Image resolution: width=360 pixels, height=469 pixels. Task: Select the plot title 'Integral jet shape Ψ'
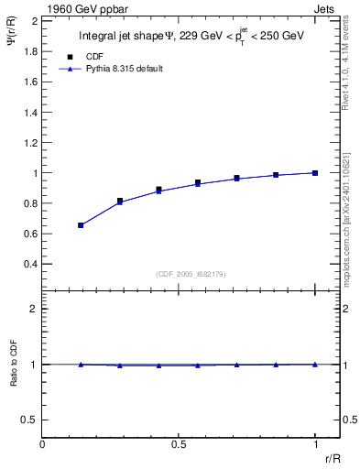coord(129,37)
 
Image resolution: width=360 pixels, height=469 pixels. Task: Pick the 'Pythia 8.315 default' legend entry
coord(123,69)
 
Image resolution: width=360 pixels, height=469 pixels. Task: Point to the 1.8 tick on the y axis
coord(28,50)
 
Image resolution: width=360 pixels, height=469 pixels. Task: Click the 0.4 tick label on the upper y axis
coord(28,264)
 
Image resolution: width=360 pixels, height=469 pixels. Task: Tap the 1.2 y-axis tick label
coord(28,142)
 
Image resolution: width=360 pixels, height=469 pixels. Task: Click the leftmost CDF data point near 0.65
coord(81,224)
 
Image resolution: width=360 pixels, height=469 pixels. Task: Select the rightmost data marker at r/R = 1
coord(315,172)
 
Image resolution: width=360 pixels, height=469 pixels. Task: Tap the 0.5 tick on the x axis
coord(179,444)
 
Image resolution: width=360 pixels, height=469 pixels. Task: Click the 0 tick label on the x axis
coord(42,444)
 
